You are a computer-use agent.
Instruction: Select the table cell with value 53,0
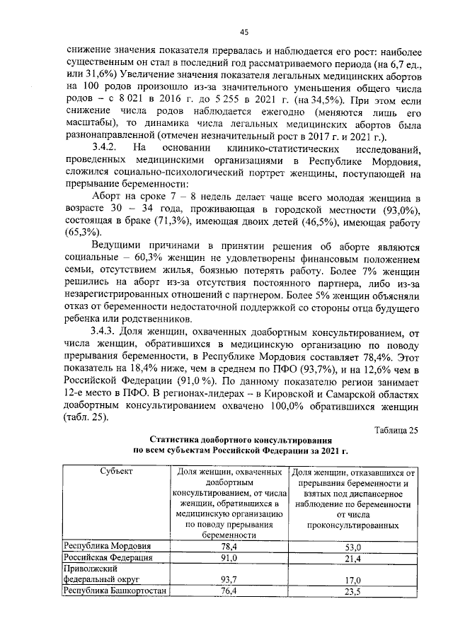[352, 547]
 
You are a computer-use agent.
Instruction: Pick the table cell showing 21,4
[352, 559]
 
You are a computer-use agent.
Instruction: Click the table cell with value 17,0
[352, 580]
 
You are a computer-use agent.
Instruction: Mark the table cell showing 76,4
[228, 592]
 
